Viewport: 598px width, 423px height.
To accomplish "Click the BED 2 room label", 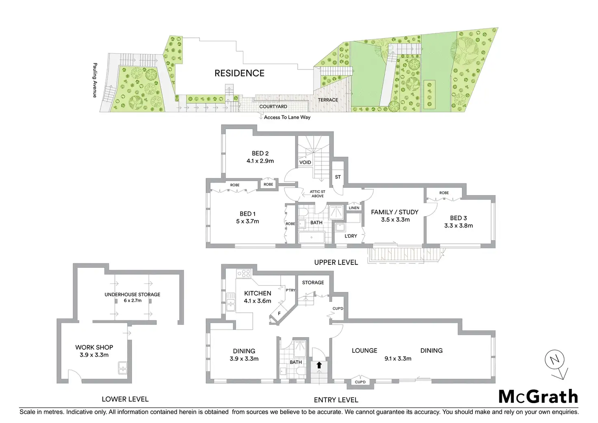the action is coord(260,154).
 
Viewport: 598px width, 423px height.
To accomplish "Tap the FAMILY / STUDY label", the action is coord(394,212).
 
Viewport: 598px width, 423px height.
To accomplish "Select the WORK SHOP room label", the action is coord(94,347).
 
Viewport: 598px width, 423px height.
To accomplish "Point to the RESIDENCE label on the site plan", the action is coord(239,73).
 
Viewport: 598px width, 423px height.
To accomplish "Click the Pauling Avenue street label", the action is coord(95,80).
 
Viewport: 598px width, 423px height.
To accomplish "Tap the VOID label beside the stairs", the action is coord(305,163).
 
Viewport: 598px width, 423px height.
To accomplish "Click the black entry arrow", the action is coord(319,365).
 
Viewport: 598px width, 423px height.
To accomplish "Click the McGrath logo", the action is coord(538,397).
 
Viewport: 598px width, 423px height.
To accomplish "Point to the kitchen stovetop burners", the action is coord(244,273).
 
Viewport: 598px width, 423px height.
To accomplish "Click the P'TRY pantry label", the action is coord(290,290).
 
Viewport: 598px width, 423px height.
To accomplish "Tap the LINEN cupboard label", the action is coord(354,208).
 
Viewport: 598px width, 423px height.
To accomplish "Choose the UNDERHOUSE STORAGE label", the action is coord(132,295).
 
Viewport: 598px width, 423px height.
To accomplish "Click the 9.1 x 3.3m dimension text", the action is coord(398,358).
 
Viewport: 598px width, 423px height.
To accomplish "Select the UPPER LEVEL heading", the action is coord(336,262).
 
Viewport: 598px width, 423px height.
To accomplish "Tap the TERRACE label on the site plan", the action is coord(328,100).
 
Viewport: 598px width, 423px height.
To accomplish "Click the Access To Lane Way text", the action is coord(287,117).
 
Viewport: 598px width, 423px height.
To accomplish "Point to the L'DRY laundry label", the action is coord(351,236).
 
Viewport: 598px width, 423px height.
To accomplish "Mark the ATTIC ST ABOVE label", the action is coord(317,194).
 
